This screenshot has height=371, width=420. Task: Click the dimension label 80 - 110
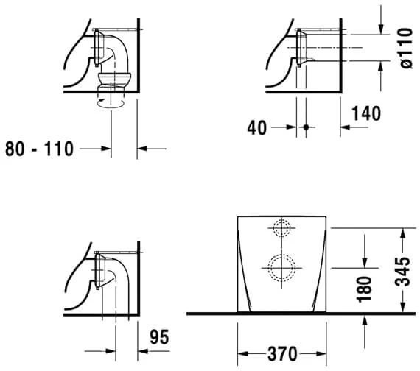click(x=39, y=149)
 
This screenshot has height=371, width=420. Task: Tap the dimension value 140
click(x=366, y=113)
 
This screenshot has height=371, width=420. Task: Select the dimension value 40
click(x=257, y=127)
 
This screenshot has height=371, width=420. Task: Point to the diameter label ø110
click(x=405, y=48)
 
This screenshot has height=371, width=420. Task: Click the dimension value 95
click(x=159, y=337)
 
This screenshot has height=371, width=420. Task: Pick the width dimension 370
click(x=282, y=354)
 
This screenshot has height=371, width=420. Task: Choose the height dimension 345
click(x=402, y=272)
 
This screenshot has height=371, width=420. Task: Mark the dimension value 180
click(x=365, y=289)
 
